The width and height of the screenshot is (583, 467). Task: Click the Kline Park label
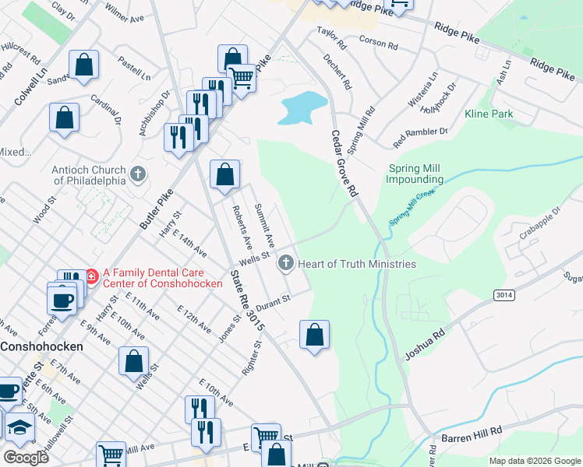(511, 114)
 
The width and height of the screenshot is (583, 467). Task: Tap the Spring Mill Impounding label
(415, 174)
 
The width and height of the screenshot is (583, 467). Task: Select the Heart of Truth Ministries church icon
(285, 264)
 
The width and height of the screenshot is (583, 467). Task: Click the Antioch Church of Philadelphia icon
(139, 174)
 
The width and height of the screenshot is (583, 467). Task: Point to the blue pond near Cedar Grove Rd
(301, 107)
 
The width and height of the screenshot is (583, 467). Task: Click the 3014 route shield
(503, 295)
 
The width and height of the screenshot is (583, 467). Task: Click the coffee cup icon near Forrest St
(62, 300)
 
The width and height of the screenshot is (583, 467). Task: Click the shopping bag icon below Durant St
(314, 335)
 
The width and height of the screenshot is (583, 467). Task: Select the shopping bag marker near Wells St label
(134, 361)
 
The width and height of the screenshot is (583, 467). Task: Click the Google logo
(26, 457)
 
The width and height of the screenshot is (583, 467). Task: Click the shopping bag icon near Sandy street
(84, 65)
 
